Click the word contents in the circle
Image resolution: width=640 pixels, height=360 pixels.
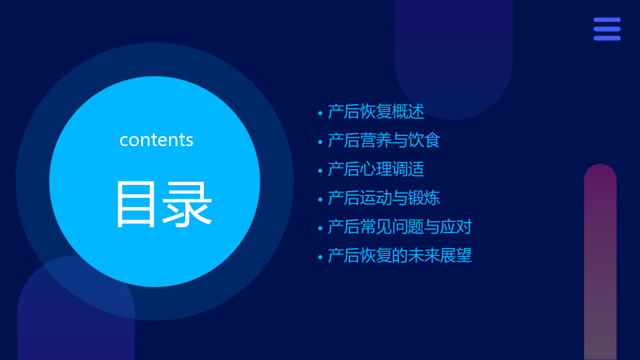[x=156, y=140]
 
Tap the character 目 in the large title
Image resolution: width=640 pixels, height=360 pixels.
[x=135, y=204]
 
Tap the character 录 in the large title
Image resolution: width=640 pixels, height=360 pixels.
[x=187, y=204]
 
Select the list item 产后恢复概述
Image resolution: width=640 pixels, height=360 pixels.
[x=375, y=111]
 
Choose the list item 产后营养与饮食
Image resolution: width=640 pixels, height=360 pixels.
[x=383, y=140]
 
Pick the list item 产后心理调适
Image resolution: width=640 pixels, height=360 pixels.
[x=375, y=169]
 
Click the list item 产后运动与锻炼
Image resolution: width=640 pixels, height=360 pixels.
[x=383, y=198]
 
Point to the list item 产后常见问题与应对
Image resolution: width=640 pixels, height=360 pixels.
[x=399, y=227]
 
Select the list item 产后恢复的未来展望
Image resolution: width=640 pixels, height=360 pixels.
[x=399, y=255]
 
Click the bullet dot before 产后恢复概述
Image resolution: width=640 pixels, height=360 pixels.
[x=321, y=114]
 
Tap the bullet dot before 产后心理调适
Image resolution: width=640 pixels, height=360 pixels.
[x=321, y=171]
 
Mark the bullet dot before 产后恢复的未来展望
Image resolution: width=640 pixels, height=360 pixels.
[x=321, y=257]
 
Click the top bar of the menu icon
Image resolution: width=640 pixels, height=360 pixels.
[x=607, y=20]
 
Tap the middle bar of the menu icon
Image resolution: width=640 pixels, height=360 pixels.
[x=607, y=29]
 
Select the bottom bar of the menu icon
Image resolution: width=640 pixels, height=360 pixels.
[x=607, y=38]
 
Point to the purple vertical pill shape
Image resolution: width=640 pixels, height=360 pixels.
[x=601, y=262]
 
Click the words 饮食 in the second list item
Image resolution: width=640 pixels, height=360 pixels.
[x=425, y=140]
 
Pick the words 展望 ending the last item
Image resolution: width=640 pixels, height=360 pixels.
[x=457, y=255]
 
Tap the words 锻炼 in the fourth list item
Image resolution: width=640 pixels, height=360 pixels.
[x=425, y=198]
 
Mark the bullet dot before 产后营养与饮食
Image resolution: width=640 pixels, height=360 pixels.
[x=321, y=142]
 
